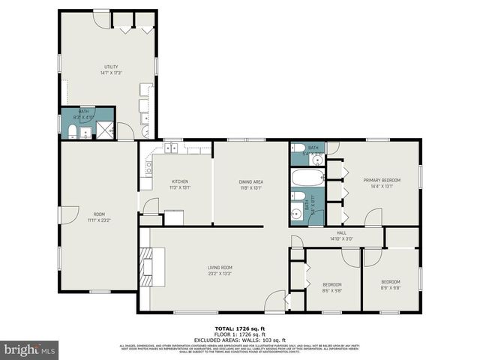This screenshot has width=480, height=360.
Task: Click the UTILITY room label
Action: click(110, 70)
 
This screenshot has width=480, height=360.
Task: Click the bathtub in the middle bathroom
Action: click(307, 178)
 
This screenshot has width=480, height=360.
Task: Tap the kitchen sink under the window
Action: click(173, 147)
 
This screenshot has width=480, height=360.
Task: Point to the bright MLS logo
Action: click(30, 349)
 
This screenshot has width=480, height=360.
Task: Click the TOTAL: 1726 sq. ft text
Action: click(240, 328)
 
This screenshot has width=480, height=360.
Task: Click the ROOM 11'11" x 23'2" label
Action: click(98, 217)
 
